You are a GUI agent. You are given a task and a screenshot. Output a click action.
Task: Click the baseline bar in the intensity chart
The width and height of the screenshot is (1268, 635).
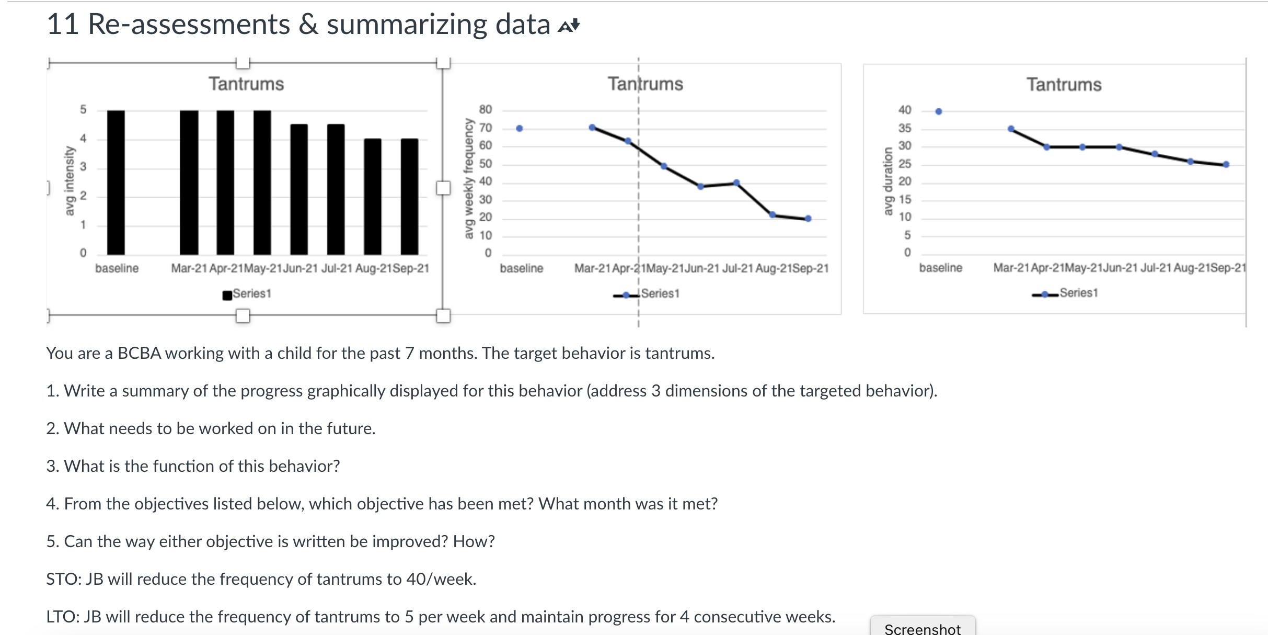pos(116,183)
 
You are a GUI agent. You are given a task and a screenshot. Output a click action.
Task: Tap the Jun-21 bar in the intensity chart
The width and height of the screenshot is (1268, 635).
pos(299,189)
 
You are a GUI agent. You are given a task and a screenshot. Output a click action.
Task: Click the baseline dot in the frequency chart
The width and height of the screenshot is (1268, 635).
pos(519,128)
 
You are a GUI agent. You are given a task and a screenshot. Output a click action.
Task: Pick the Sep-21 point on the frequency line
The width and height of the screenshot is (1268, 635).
pos(808,219)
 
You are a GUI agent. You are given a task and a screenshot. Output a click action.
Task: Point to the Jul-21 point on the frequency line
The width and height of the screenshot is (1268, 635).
pos(736,183)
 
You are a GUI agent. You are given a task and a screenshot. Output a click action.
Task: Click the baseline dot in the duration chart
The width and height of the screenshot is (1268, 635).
pos(939,111)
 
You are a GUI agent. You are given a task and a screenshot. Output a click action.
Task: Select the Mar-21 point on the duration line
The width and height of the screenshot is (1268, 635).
pos(1011,129)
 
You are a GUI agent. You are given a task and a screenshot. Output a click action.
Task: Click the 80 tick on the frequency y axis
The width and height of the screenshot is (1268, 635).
pos(485,109)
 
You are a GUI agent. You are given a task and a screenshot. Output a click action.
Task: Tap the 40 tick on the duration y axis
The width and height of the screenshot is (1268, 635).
pos(904,110)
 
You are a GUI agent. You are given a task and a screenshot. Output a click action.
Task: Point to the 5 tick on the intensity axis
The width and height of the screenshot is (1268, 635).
pos(83,109)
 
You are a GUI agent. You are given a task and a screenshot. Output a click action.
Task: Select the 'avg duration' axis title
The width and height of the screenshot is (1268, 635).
pos(887,181)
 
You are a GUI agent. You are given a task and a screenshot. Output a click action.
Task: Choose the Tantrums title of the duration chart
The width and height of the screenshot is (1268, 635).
pos(1064,85)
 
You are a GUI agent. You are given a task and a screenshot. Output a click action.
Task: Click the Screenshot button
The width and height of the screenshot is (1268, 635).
pos(922,628)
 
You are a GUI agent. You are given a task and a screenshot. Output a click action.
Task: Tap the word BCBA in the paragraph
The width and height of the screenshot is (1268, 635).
pos(139,353)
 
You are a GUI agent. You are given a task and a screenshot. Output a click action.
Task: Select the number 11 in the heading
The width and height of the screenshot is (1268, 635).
pos(62,24)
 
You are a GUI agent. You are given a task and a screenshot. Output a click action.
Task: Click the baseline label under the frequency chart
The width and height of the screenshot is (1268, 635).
pos(521,268)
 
